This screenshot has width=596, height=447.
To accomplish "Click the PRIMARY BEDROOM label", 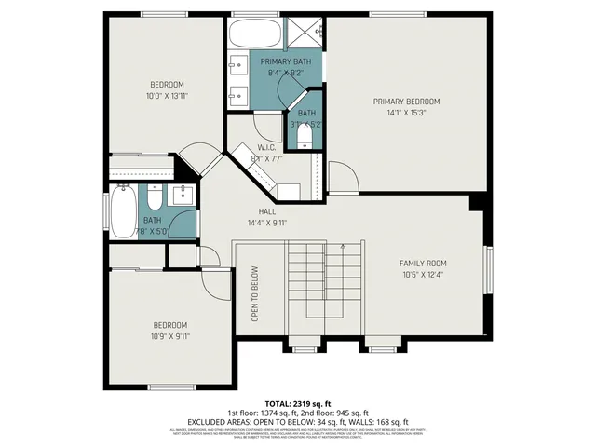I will pyautogui.click(x=406, y=102).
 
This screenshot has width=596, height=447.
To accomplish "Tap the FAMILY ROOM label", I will pyautogui.click(x=424, y=264).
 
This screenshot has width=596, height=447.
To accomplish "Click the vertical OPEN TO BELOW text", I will pyautogui.click(x=254, y=295).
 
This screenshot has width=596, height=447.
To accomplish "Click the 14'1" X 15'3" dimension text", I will pyautogui.click(x=406, y=113).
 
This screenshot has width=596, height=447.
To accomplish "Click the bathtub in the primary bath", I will pyautogui.click(x=253, y=35).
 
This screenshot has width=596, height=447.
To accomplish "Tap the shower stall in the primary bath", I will pyautogui.click(x=305, y=34).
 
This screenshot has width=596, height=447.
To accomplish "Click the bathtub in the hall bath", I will pyautogui.click(x=123, y=213).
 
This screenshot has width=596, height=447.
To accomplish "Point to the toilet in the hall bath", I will pyautogui.click(x=153, y=197).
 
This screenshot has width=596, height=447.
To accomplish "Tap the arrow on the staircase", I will pyautogui.click(x=344, y=248).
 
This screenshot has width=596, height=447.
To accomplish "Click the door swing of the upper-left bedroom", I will pyautogui.click(x=197, y=156).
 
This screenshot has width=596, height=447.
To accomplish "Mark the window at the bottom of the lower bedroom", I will pyautogui.click(x=171, y=386).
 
